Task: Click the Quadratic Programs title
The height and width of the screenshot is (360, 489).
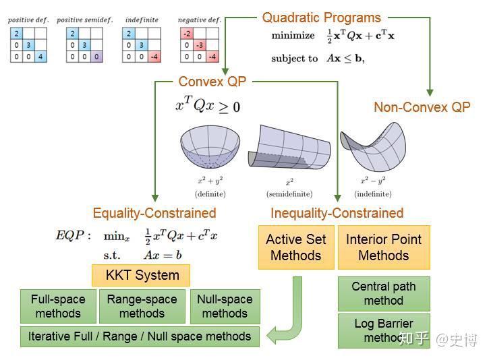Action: [x=321, y=18]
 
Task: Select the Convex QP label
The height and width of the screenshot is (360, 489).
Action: [x=212, y=82]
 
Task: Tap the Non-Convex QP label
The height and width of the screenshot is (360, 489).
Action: [x=422, y=107]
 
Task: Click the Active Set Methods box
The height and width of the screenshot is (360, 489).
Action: [x=295, y=247]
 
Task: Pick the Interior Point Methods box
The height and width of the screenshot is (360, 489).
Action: [x=383, y=247]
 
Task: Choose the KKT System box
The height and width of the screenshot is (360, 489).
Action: [x=142, y=275]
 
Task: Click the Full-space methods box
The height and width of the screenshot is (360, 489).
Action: [x=58, y=306]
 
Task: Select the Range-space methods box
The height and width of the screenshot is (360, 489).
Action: [x=142, y=306]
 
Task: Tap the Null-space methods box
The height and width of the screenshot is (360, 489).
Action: [x=225, y=306]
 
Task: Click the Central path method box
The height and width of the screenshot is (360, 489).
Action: [x=383, y=293]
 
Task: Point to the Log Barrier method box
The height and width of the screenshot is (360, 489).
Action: [x=383, y=330]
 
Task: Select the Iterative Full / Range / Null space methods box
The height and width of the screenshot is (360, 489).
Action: [x=140, y=336]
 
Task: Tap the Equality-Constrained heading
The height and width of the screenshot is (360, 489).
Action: [x=154, y=213]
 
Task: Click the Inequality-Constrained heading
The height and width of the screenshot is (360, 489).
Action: [x=337, y=213]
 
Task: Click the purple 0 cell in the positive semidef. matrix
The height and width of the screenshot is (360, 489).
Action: [x=96, y=57]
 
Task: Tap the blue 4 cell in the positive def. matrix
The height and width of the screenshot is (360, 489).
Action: [x=40, y=57]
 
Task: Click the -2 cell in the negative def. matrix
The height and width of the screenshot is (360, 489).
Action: [x=187, y=34]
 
